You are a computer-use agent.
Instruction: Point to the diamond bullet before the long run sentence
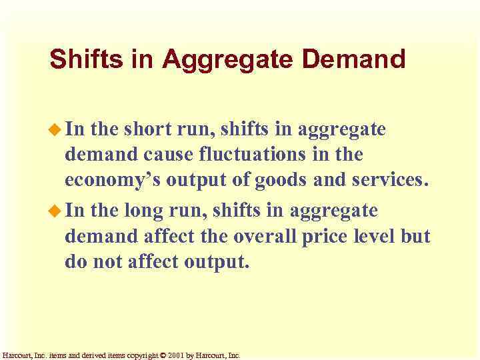click(x=56, y=211)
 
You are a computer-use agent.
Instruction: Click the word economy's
click(x=110, y=181)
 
